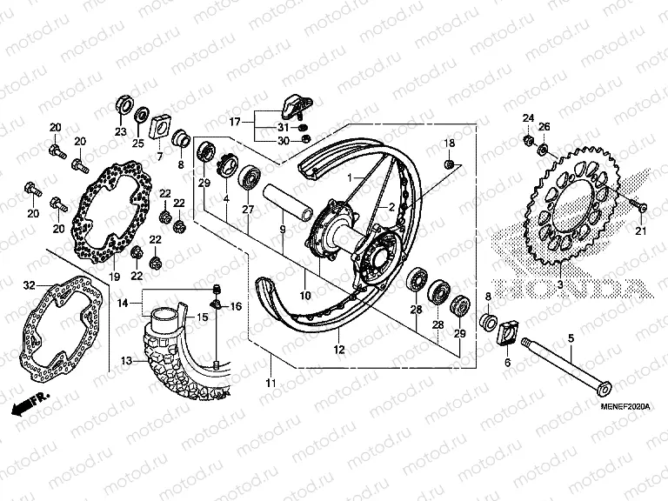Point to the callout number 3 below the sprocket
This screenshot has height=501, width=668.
(x=559, y=284)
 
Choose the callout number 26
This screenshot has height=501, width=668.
(x=544, y=128)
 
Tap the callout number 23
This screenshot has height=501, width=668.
(x=119, y=132)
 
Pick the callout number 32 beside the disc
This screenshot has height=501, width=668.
(x=29, y=284)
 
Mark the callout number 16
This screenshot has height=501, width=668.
(x=236, y=305)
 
